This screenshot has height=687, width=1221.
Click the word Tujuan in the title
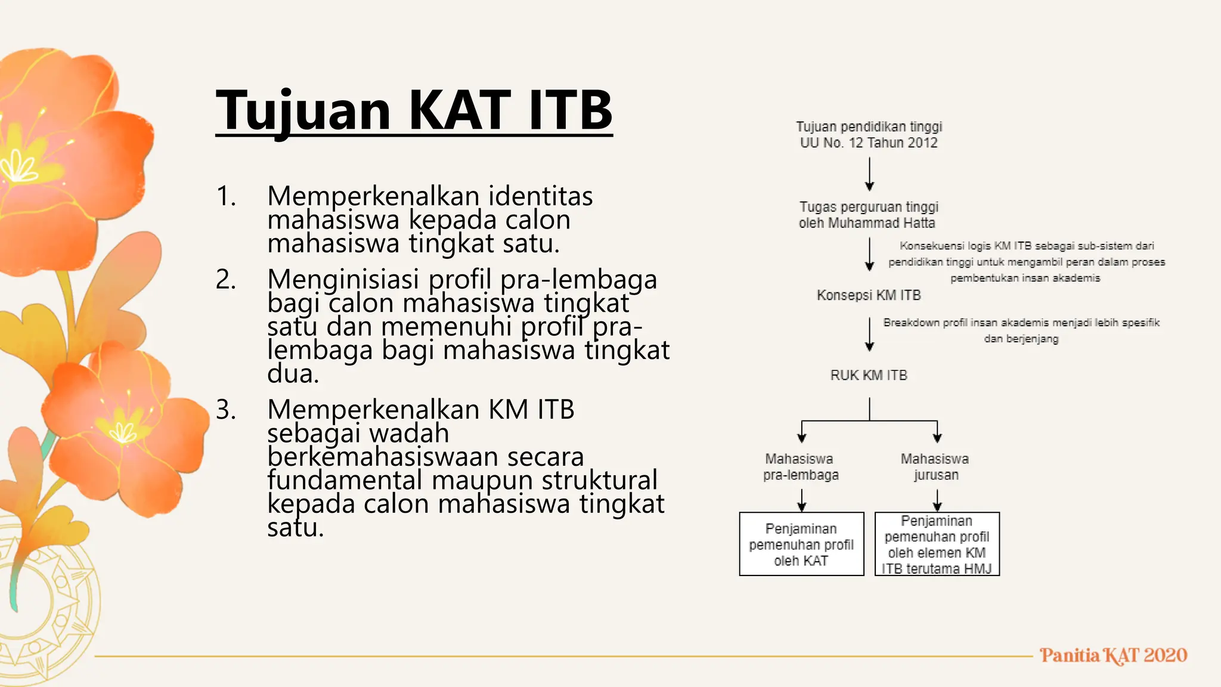303,111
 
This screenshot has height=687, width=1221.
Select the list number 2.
226,280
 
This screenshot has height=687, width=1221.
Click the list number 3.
226,410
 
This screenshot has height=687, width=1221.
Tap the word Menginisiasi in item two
344,280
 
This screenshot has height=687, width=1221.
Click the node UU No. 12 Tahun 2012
869,143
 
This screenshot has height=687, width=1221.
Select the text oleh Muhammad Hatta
867,224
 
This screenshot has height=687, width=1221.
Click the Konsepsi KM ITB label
869,295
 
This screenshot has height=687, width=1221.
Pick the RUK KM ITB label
869,375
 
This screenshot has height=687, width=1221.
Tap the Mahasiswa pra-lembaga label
801,467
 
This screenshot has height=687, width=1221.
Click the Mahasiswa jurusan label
935,467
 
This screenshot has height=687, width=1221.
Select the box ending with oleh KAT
801,544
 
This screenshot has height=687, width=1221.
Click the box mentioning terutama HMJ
937,544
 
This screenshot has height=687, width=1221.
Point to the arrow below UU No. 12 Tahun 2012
869,174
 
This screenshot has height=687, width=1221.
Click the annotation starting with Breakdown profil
1021,330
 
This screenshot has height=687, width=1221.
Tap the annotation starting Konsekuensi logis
1026,262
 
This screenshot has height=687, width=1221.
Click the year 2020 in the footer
1165,655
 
